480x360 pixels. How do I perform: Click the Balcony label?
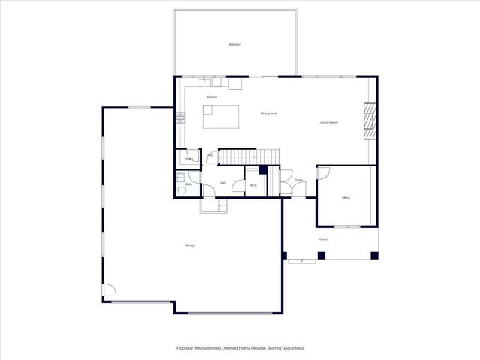[x=235, y=45]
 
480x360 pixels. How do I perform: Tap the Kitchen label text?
[x=212, y=97]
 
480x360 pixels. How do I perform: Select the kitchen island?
[x=222, y=117]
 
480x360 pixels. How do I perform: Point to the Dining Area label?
[x=269, y=113]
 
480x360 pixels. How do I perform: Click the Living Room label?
[x=329, y=122]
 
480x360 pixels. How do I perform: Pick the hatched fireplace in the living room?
[x=368, y=120]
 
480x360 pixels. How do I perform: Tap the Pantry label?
[x=189, y=159]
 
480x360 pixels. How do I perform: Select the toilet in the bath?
[x=181, y=190]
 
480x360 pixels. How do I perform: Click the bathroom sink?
[x=179, y=178]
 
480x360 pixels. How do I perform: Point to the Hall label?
[x=223, y=183]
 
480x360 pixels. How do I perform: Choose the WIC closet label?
[x=253, y=185]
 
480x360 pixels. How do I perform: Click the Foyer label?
[x=298, y=181]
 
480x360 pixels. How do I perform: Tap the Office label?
[x=346, y=198]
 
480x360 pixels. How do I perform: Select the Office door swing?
[x=323, y=174]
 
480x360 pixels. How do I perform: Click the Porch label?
[x=323, y=239]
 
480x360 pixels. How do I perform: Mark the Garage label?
[x=190, y=245]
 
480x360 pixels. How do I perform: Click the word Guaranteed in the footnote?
[x=289, y=348]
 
